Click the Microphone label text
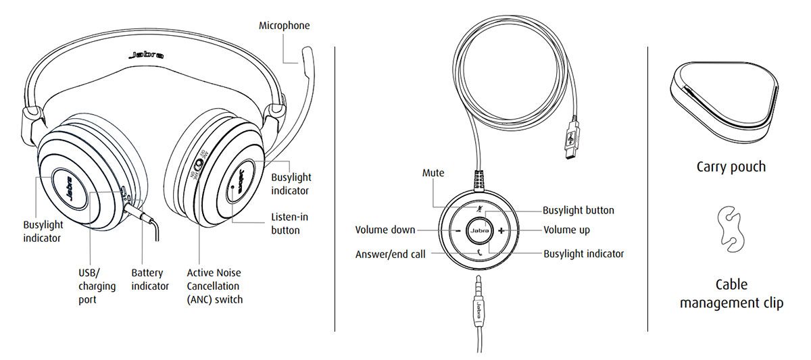coord(284,26)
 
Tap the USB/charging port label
coord(97,286)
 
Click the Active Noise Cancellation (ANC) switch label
coord(214,286)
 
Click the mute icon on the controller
coord(480,209)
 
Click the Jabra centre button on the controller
coord(479,231)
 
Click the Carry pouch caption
coord(731,166)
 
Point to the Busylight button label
coord(579,210)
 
